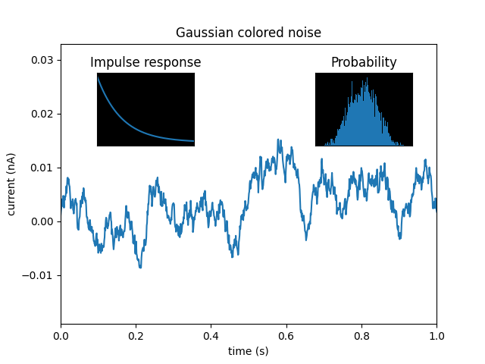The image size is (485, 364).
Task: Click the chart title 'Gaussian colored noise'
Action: pyautogui.click(x=249, y=33)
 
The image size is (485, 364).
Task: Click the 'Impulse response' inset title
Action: pyautogui.click(x=145, y=62)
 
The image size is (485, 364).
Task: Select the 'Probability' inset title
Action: pyautogui.click(x=364, y=62)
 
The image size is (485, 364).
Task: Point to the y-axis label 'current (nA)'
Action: pyautogui.click(x=11, y=184)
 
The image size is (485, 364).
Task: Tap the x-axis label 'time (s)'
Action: pyautogui.click(x=249, y=351)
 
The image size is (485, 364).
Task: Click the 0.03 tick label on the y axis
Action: pyautogui.click(x=42, y=60)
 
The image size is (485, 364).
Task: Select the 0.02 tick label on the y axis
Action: pyautogui.click(x=42, y=114)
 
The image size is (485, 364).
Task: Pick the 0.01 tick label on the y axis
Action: pyautogui.click(x=42, y=168)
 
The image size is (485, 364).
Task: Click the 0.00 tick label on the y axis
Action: pyautogui.click(x=42, y=221)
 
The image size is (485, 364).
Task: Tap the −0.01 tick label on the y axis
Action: pyautogui.click(x=39, y=275)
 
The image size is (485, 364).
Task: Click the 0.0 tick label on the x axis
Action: pyautogui.click(x=61, y=336)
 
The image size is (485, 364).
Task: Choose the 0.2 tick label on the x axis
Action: pyautogui.click(x=136, y=336)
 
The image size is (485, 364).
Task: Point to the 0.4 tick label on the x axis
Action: pyautogui.click(x=211, y=336)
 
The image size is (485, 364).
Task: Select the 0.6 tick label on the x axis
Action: pyautogui.click(x=286, y=336)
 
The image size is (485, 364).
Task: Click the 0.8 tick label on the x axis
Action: pyautogui.click(x=361, y=336)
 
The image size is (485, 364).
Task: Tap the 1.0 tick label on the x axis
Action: pyautogui.click(x=436, y=336)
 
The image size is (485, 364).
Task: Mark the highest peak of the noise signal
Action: pyautogui.click(x=279, y=140)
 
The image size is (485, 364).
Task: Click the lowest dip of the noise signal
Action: pyautogui.click(x=140, y=267)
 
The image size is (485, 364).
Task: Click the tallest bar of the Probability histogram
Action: pyautogui.click(x=366, y=79)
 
